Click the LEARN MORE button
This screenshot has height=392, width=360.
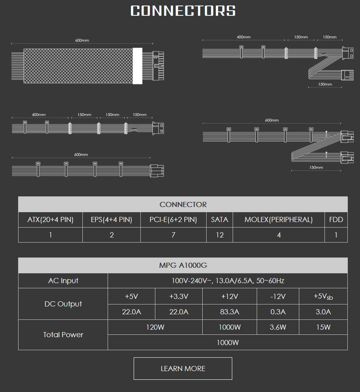(183, 368)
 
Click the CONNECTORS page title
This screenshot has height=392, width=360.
(183, 11)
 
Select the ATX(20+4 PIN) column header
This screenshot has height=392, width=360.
(50, 220)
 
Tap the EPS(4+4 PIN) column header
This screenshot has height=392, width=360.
(112, 220)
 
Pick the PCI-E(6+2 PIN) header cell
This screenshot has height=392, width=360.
(173, 220)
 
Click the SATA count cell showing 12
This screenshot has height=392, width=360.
(220, 235)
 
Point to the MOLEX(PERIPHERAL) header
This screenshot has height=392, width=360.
(278, 220)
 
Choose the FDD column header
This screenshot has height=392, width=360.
(336, 220)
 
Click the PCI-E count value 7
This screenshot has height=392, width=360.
(173, 235)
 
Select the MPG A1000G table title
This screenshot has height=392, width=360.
(183, 265)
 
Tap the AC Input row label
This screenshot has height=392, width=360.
(63, 281)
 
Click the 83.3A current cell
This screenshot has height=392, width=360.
(229, 312)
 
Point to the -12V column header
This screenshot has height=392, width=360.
(278, 296)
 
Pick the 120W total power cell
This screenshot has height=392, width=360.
(155, 327)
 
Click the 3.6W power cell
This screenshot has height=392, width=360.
(278, 327)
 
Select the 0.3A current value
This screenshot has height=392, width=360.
(278, 312)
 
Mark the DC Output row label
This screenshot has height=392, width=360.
(63, 304)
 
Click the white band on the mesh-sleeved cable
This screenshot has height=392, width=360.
(138, 66)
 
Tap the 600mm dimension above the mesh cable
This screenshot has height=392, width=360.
(82, 41)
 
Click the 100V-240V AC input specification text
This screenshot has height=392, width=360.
(228, 281)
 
